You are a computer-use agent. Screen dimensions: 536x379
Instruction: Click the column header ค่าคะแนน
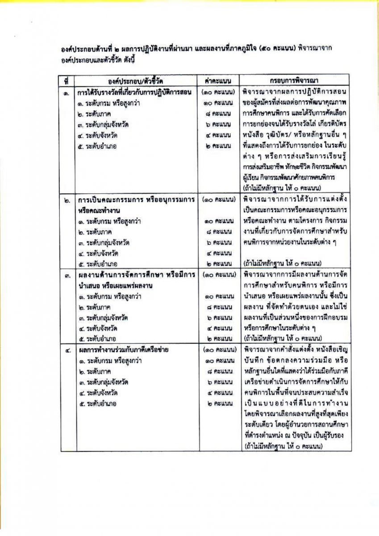(218, 81)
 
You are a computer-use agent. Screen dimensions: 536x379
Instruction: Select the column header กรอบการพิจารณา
(294, 81)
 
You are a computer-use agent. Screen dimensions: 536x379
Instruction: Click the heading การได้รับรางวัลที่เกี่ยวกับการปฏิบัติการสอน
(134, 93)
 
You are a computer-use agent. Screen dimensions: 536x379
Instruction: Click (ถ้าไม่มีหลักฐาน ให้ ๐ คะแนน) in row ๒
(280, 263)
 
